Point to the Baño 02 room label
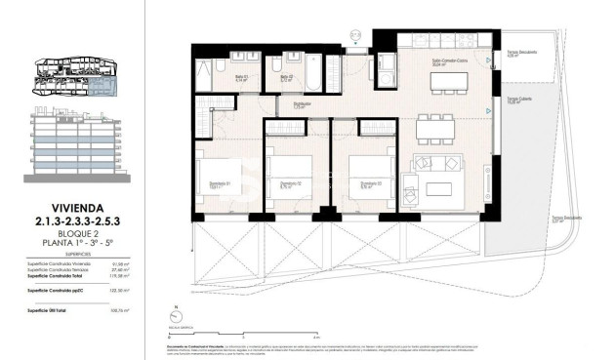click(287, 77)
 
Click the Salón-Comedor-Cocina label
click(452, 60)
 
